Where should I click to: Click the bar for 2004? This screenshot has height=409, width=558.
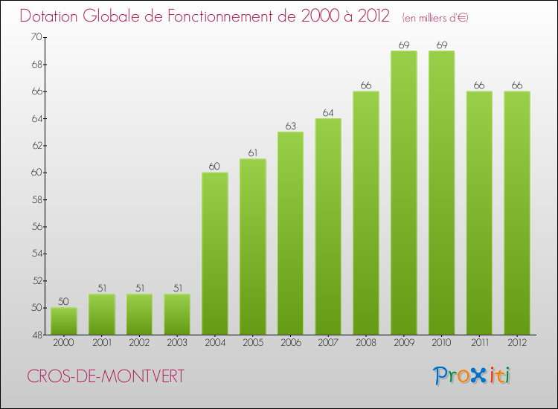pos(215,254)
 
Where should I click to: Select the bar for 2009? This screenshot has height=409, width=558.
pos(404,193)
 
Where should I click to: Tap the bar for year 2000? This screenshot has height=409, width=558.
pos(64,321)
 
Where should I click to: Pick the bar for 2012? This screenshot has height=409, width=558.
pos(517,213)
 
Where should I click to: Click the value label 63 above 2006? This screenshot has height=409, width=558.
pos(290,126)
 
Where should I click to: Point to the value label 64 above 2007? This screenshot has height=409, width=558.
pos(328,112)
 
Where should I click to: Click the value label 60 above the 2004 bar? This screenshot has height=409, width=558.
pos(215,166)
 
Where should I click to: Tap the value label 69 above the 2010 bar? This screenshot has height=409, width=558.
pos(442,45)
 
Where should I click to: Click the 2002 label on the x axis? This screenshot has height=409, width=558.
pos(139,343)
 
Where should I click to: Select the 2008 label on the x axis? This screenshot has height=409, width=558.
pos(366,343)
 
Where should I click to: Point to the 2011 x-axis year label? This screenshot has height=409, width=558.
pos(480,343)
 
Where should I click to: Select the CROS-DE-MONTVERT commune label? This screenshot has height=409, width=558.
pos(105,376)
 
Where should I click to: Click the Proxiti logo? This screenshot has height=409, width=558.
pos(472,376)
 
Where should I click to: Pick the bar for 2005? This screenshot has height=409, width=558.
pos(253,247)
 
